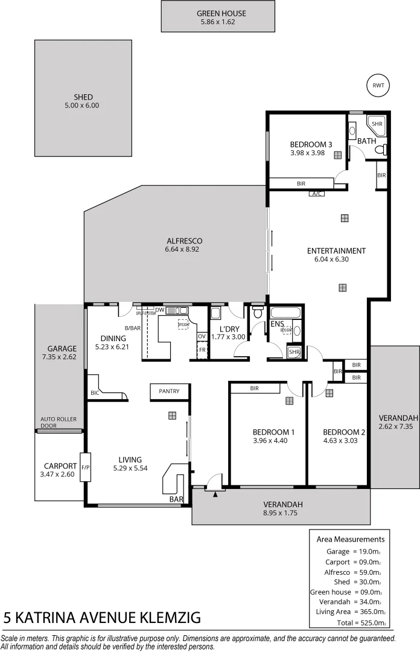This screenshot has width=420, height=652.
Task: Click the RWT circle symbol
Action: [x=378, y=86]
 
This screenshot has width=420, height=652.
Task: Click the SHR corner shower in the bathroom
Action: [x=377, y=124]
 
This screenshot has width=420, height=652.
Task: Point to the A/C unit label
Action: [x=316, y=194]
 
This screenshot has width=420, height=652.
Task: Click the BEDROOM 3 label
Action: [x=311, y=144]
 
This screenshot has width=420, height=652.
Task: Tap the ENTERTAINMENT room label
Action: [x=336, y=251]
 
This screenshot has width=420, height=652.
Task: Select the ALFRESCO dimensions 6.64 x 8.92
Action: [x=182, y=249]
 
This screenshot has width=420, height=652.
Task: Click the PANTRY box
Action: [x=170, y=391]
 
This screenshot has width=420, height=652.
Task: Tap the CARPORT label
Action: [x=60, y=465]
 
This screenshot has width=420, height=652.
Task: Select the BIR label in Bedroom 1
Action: [x=254, y=389]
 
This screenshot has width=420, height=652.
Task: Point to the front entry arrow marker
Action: [x=215, y=494]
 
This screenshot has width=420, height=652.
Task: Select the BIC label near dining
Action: [x=95, y=393]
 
